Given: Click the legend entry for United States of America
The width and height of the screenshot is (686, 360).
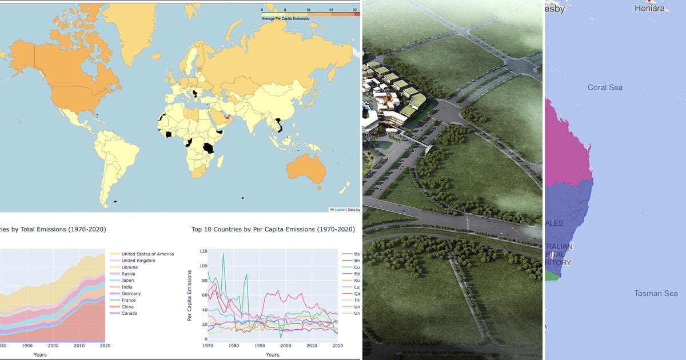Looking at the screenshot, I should tap(147, 254).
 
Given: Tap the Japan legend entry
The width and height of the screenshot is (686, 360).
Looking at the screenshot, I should tap(129, 281).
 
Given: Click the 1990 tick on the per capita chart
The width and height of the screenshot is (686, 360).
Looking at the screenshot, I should tap(260, 346).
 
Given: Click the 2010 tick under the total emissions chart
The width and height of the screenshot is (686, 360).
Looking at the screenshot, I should tap(79, 346).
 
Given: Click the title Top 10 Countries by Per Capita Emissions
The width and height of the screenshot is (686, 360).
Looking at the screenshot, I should tap(273, 229).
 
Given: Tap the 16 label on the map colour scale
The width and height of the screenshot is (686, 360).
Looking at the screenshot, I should tap(308, 10).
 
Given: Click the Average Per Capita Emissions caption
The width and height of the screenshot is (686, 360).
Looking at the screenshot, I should tap(285, 19).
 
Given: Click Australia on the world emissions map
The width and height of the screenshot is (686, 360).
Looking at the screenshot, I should tap(306, 169).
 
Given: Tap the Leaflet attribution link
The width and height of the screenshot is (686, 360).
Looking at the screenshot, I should tap(340, 210).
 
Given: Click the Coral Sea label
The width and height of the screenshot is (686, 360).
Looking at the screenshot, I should tap(605, 87).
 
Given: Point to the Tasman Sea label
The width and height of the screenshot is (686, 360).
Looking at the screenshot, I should tap(656, 294).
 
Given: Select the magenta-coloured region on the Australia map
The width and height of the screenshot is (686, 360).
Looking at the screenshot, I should tap(566, 143).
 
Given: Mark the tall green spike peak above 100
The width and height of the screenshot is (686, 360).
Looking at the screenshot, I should tap(223, 254).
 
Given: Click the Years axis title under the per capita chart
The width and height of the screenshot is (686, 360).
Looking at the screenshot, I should tap(273, 355).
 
